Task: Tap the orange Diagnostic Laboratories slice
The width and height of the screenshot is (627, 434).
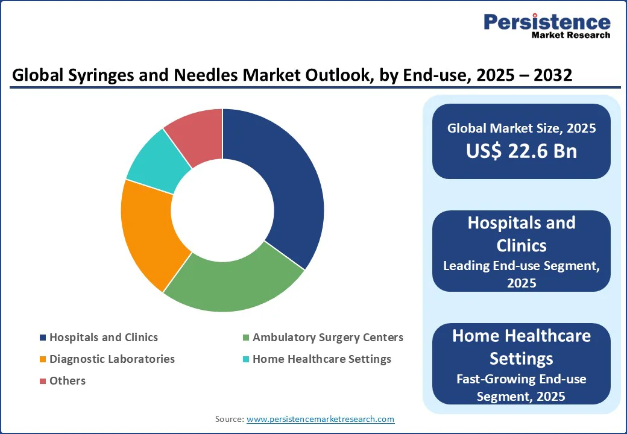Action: pos(148,235)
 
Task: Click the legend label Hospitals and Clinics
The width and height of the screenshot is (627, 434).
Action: pos(104,338)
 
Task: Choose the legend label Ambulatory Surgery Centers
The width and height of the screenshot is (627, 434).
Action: pos(328,338)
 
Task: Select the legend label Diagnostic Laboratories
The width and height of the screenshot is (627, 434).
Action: pos(112,359)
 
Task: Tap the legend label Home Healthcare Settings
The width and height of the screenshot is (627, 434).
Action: pos(322,359)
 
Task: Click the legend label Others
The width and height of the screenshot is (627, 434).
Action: pos(68,381)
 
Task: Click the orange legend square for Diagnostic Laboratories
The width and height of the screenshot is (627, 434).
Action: pos(42,360)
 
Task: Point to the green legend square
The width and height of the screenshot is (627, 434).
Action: pos(245,338)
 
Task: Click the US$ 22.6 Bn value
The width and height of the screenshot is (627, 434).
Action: pos(521,151)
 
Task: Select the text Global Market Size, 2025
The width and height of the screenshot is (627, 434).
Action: pos(521,128)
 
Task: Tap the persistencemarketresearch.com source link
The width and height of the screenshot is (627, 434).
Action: pos(320,419)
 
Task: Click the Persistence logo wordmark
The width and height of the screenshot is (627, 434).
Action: pos(547,22)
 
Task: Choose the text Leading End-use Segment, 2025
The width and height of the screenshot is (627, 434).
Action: pos(521,274)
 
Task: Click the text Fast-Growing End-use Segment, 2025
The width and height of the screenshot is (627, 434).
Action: pos(521,388)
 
